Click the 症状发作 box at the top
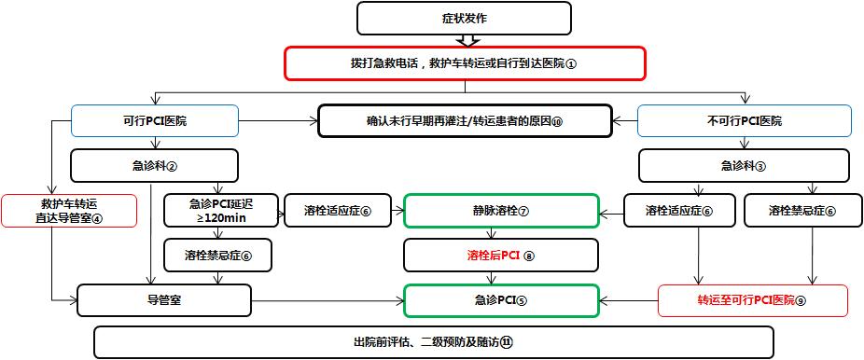464,18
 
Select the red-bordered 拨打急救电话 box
465,63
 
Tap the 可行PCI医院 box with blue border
154,121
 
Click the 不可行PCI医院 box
744,121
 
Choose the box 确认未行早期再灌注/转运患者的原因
465,121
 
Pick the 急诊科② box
154,166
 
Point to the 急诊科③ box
744,166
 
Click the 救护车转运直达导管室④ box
70,211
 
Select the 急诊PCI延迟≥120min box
220,211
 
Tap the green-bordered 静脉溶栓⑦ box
500,211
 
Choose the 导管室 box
164,300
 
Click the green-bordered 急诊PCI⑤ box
500,300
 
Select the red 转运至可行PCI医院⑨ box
753,300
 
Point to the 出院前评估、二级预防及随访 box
433,342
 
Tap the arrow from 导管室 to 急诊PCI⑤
327,300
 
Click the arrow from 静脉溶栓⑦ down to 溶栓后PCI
500,233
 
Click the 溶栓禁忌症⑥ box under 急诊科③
802,211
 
